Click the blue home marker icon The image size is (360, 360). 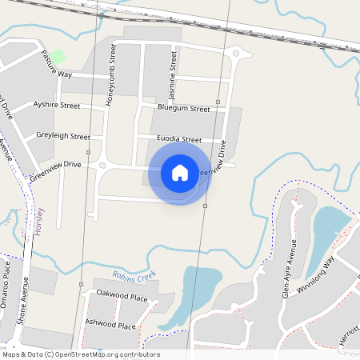pyautogui.click(x=180, y=173)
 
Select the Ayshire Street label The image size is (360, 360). pyautogui.click(x=57, y=105)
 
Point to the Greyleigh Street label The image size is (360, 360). pyautogui.click(x=62, y=136)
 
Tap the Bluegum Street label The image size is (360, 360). pyautogui.click(x=184, y=108)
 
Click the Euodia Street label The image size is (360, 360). pyautogui.click(x=179, y=139)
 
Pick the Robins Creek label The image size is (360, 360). pyautogui.click(x=134, y=277)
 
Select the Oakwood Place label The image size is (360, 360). pyautogui.click(x=122, y=297)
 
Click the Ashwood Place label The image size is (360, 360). pyautogui.click(x=110, y=326)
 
